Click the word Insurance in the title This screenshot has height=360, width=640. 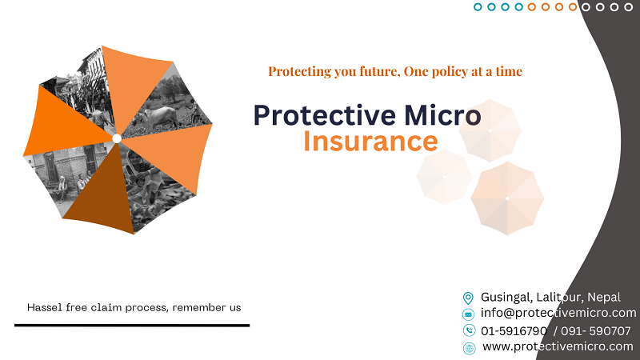click(370, 142)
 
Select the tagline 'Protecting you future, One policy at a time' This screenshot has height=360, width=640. click(394, 71)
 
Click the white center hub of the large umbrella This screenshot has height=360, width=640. click(117, 138)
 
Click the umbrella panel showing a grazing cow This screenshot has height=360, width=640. click(168, 108)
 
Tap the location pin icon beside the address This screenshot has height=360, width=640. click(469, 298)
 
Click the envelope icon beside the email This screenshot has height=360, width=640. click(469, 314)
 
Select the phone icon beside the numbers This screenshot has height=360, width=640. click(469, 330)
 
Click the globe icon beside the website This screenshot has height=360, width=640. click(469, 347)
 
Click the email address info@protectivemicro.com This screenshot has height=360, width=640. click(558, 313)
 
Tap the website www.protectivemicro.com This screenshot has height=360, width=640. click(558, 346)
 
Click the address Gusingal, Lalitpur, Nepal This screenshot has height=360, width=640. click(550, 297)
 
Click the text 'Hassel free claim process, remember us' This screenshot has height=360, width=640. click(134, 307)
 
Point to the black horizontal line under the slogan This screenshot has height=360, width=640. click(132, 326)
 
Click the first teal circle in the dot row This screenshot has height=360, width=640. click(478, 7)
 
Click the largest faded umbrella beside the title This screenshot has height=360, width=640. click(506, 198)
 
